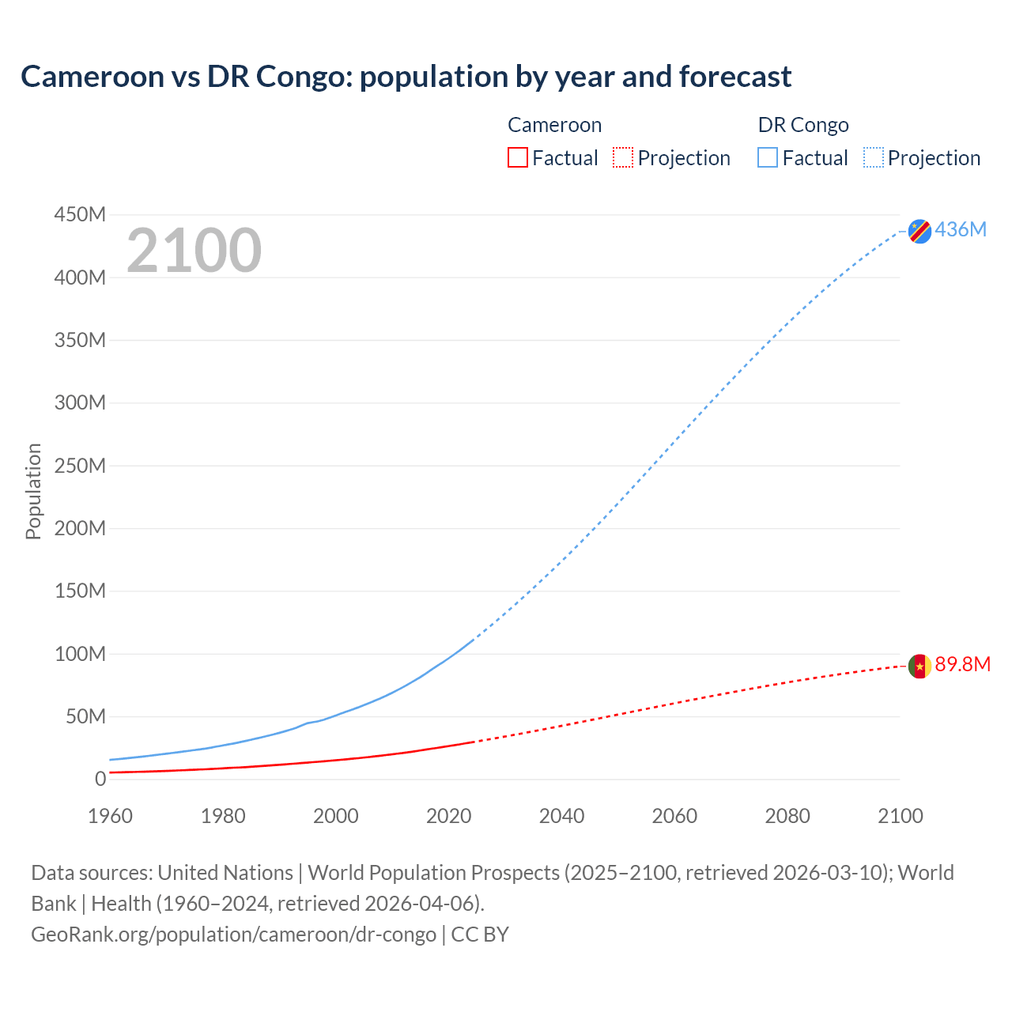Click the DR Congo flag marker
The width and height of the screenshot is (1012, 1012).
tap(919, 231)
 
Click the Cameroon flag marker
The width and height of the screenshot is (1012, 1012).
tap(919, 666)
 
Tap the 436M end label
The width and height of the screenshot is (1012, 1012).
tap(961, 229)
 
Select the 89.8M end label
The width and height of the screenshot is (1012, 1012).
tap(962, 664)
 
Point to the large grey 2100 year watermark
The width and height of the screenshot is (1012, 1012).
tap(194, 251)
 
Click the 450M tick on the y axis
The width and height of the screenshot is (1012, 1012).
tap(80, 215)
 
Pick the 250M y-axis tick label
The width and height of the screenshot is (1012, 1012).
tap(80, 466)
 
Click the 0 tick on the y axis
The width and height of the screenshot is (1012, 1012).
tap(100, 779)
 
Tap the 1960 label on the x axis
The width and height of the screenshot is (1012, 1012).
tap(110, 816)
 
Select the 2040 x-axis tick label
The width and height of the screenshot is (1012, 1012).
tap(561, 816)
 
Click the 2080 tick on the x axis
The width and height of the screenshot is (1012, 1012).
tap(787, 816)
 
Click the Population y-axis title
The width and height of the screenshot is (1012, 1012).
tap(33, 491)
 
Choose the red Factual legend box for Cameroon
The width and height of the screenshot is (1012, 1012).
tap(518, 157)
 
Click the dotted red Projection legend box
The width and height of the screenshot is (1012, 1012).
tap(623, 157)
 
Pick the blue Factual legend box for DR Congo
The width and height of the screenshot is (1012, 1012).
tap(768, 157)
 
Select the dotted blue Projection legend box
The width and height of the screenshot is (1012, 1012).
tap(874, 157)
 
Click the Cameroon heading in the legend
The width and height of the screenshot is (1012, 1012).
tap(554, 125)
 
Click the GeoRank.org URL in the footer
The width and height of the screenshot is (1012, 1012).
tap(233, 934)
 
